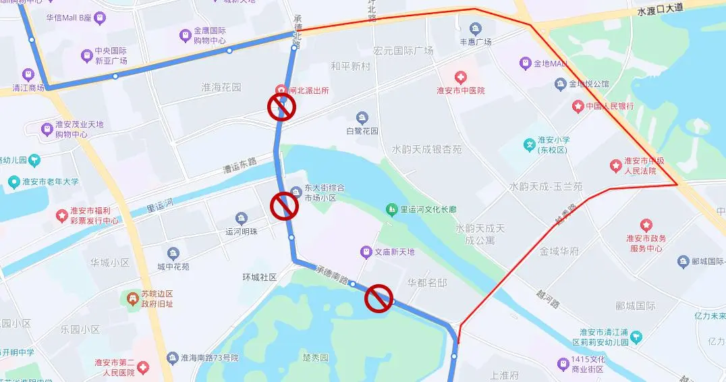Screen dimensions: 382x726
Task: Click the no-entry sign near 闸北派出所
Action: [282, 107]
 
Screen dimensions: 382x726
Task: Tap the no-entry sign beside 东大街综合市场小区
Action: [284, 206]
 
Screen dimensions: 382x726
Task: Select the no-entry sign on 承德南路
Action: [379, 298]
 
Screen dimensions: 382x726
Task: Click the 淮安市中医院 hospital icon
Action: [460, 78]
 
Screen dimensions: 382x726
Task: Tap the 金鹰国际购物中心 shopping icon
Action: [185, 35]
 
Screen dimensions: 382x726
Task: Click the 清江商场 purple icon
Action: [28, 74]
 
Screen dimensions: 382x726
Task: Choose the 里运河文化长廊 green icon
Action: [391, 210]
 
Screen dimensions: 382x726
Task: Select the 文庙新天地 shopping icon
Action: [365, 252]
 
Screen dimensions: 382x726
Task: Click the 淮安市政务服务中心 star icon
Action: [646, 225]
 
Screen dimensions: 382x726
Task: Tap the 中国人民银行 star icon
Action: [578, 106]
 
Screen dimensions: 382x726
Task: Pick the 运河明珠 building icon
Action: [242, 218]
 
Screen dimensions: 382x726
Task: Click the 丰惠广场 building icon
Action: [476, 28]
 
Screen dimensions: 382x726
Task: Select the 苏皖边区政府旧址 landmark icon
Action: [130, 298]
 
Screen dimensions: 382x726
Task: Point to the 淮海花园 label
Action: [221, 87]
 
